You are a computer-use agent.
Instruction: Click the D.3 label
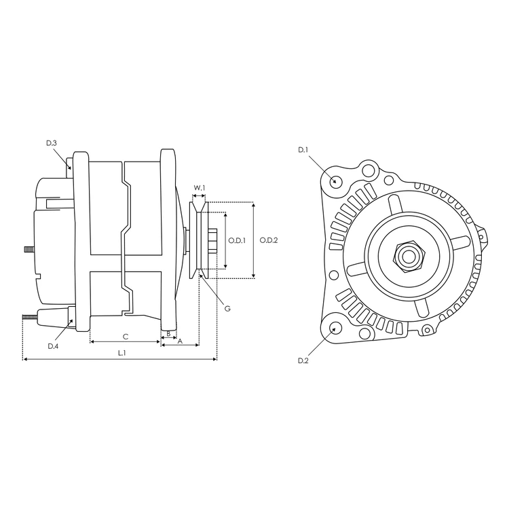point(52,143)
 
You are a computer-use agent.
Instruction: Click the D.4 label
point(53,346)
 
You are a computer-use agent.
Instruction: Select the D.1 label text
point(303,149)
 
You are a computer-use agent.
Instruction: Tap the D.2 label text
point(303,361)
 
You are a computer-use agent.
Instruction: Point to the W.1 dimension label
point(199,187)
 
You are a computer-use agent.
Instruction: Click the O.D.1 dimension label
point(236,240)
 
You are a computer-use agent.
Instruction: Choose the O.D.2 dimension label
point(269,240)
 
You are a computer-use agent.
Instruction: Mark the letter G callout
point(227,308)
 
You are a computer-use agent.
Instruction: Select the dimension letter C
point(126,337)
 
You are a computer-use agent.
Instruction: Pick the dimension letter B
point(168,333)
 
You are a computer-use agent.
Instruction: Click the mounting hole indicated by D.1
point(335,181)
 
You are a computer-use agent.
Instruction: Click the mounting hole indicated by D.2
point(335,329)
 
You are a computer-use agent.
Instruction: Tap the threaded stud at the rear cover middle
point(29,249)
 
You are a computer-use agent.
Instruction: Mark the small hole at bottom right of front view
point(427,331)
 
